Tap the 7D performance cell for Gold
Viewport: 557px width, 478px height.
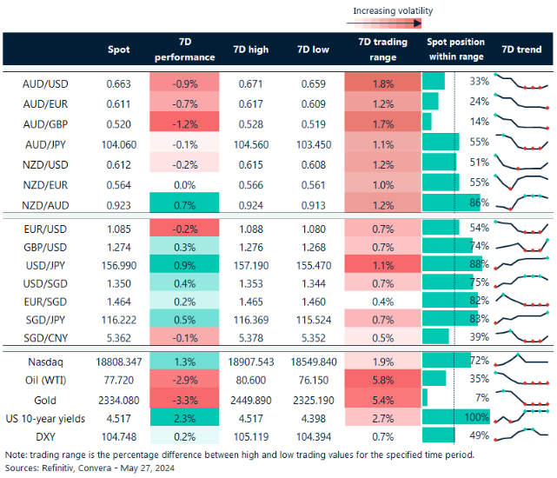click(183, 400)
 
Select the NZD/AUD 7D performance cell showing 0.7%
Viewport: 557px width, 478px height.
click(183, 202)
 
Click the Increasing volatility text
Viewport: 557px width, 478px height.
click(392, 11)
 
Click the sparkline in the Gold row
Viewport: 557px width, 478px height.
click(521, 400)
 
